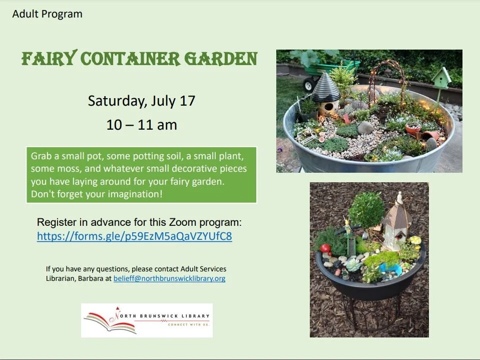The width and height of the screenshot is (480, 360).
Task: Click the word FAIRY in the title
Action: point(48,60)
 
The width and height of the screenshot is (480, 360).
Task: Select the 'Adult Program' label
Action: point(47,14)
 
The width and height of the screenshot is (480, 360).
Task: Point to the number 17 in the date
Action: point(187,101)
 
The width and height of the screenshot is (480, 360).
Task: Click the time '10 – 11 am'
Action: point(142,125)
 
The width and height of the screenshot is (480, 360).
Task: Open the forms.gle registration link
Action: point(134,236)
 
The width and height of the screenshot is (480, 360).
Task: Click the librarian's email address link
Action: point(169,278)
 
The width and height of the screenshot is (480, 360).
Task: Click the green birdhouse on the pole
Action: point(441,78)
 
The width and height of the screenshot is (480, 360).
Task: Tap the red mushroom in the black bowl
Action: point(326,248)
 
